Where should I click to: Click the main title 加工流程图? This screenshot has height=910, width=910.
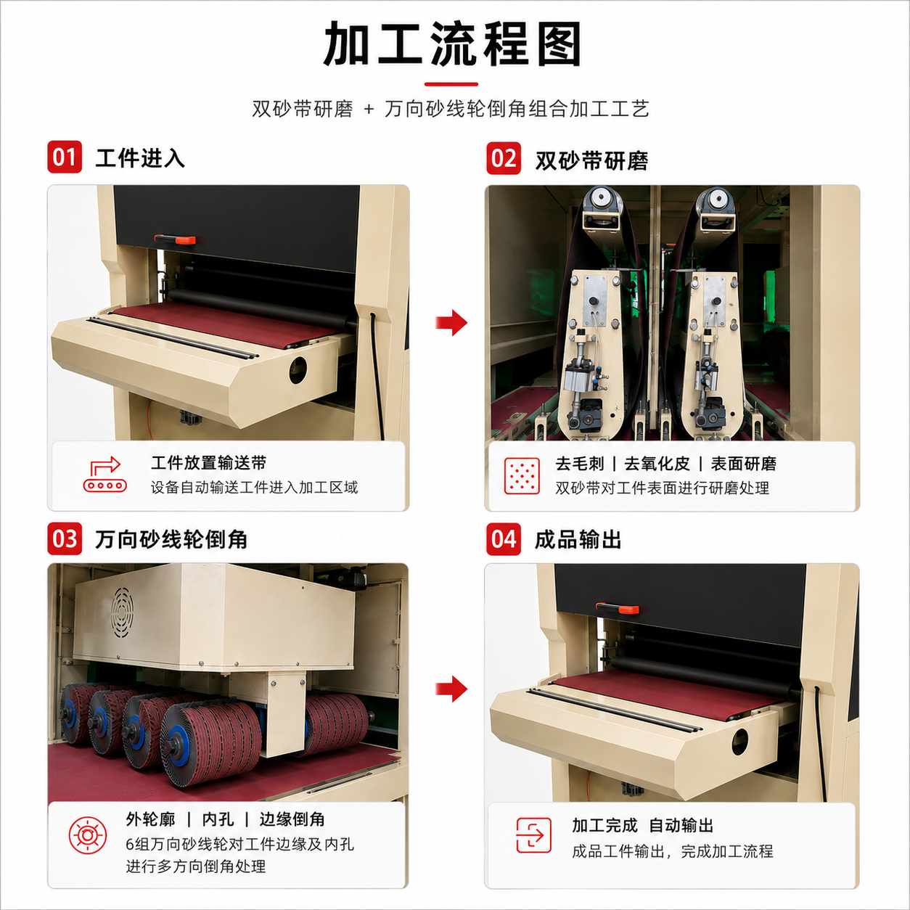452,44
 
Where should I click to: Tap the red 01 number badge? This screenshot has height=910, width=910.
65,157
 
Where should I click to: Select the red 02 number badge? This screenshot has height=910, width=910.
504,158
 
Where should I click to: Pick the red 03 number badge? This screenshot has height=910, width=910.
65,539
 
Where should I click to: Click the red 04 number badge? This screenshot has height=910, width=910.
504,539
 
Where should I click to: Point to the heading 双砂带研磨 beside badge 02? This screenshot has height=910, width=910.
591,161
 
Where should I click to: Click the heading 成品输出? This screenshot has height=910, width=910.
578,540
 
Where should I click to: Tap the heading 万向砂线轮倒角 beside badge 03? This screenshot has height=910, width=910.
171,539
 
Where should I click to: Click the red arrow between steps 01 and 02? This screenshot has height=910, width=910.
451,323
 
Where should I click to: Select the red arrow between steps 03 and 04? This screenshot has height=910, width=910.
451,689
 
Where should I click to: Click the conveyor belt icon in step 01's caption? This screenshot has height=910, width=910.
104,475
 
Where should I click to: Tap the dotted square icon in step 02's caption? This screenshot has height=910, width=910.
521,476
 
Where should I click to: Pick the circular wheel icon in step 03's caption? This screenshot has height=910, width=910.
87,835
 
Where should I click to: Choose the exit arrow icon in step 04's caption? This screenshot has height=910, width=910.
533,835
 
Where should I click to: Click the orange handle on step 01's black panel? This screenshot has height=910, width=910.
175,239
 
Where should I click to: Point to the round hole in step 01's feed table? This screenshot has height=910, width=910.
298,370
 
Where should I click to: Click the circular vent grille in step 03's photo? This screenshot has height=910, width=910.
122,613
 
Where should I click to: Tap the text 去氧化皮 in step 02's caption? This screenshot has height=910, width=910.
657,464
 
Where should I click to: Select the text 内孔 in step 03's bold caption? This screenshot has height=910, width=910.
218,819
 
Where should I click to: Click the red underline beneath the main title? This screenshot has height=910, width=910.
451,84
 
